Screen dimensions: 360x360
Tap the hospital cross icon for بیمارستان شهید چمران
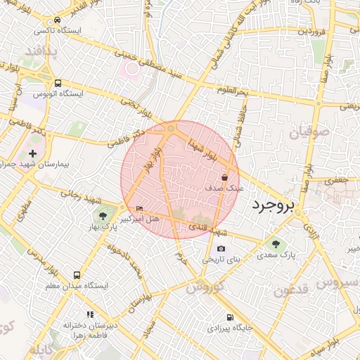pos(32,153)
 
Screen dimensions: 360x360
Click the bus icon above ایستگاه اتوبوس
pos(57,82)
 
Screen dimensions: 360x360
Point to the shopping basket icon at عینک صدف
pos(224,178)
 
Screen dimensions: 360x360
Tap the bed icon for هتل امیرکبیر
pos(139,209)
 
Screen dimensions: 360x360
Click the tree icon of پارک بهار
pos(103,216)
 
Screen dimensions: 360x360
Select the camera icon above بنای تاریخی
pos(221,249)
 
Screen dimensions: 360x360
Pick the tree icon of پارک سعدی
pos(276,244)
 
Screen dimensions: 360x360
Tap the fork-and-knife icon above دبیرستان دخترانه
pos(90,314)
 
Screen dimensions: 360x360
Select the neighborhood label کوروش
pos(205,286)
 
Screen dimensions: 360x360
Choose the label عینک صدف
pos(224,188)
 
